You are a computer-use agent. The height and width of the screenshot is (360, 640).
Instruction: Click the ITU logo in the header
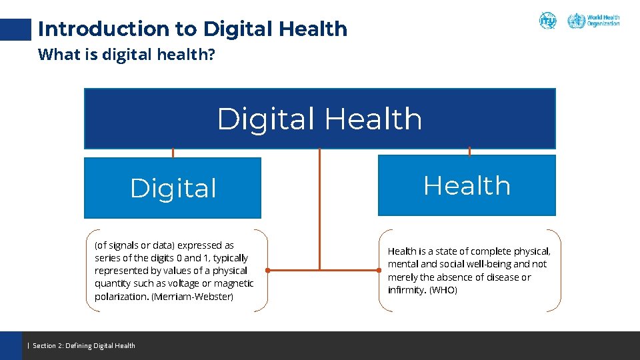(x=547, y=21)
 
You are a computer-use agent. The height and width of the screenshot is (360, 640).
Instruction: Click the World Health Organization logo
(x=593, y=21)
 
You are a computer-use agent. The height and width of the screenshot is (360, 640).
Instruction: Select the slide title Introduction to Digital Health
(x=193, y=29)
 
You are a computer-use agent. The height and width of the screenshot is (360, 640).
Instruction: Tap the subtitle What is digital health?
(x=127, y=54)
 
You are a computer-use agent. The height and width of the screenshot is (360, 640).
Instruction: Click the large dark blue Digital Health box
(x=319, y=119)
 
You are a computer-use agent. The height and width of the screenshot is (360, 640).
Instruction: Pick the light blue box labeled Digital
(x=173, y=188)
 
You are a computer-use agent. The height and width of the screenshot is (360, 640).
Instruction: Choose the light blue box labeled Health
(x=467, y=185)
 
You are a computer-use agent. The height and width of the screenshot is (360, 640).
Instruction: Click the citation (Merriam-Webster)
(x=193, y=297)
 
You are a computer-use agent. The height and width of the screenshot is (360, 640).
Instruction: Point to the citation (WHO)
(x=443, y=290)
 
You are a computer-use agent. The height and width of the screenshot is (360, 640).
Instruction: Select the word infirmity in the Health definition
(x=406, y=290)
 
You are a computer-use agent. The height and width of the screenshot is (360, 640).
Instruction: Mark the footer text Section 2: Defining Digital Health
(x=84, y=345)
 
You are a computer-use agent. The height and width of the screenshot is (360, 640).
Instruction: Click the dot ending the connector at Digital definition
(x=267, y=271)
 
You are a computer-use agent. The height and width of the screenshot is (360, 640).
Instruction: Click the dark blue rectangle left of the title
(x=15, y=29)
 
